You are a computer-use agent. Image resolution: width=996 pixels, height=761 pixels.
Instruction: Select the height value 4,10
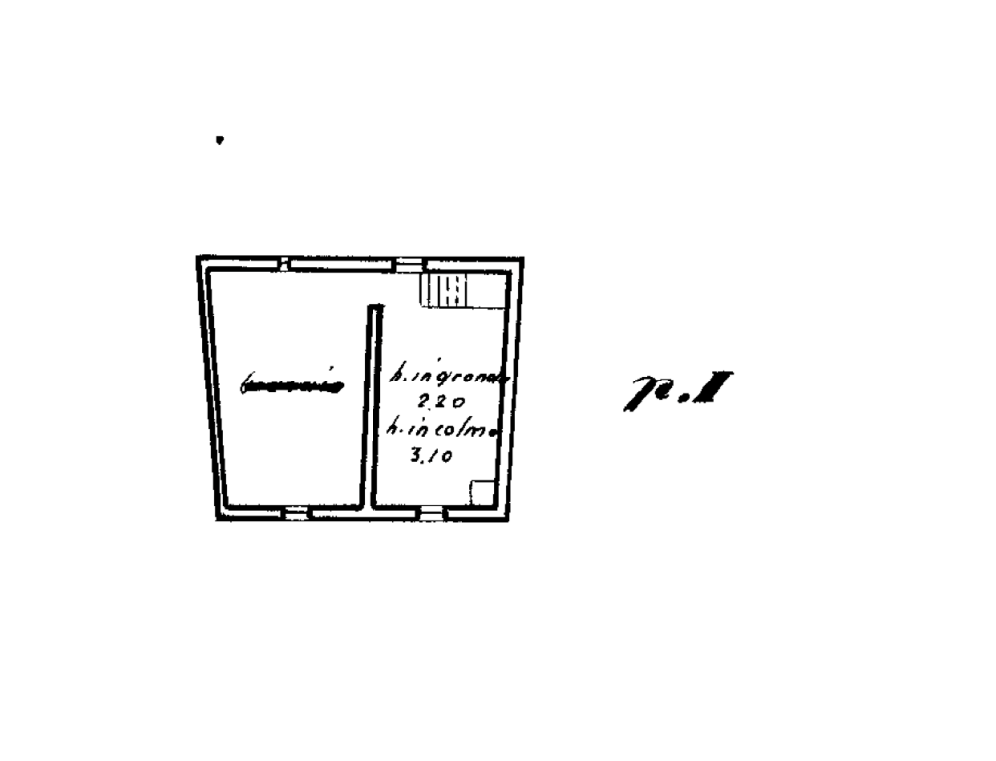[433, 456]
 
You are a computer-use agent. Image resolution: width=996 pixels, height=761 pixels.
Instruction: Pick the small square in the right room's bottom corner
[482, 492]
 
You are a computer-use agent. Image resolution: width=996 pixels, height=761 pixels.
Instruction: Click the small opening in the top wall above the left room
[283, 264]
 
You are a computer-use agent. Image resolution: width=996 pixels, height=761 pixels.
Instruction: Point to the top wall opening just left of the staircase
[409, 264]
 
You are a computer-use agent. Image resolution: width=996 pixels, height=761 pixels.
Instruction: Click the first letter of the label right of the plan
[642, 393]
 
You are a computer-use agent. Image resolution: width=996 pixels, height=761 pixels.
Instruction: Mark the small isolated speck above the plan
[220, 140]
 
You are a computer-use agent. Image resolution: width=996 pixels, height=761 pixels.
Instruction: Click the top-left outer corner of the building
[197, 257]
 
